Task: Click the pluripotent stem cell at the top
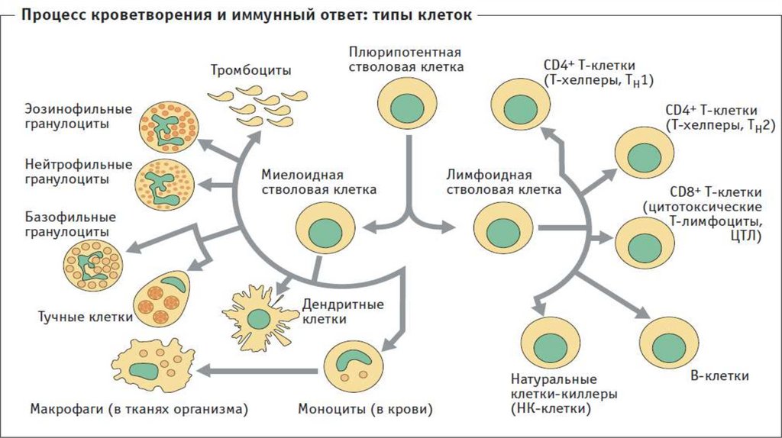pos(408,105)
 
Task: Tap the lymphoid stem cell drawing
pos(502,227)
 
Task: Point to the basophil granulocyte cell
pos(92,264)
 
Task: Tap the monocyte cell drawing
pos(351,366)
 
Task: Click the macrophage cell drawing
pos(152,369)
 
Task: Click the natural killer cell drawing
pos(551,341)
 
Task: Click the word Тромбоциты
pos(251,71)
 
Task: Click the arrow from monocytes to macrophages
pos(260,370)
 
